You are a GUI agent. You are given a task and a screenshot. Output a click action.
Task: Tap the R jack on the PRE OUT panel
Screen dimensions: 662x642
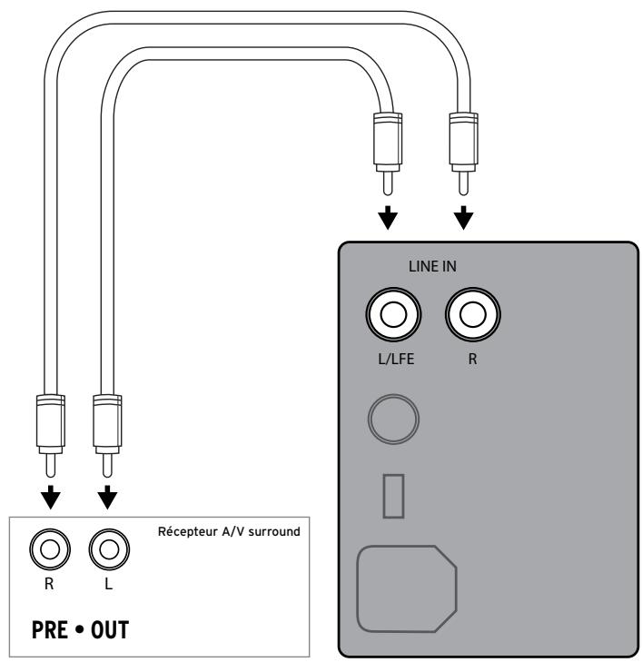(x=50, y=549)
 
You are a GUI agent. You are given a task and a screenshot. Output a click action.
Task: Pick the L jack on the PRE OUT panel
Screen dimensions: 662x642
(x=108, y=549)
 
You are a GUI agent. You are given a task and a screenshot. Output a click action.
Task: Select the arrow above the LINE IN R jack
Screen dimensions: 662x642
(x=465, y=219)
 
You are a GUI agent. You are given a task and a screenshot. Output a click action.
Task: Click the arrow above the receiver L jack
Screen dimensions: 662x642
(x=108, y=497)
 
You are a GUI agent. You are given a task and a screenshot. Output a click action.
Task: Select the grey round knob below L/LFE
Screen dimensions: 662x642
(x=393, y=415)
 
